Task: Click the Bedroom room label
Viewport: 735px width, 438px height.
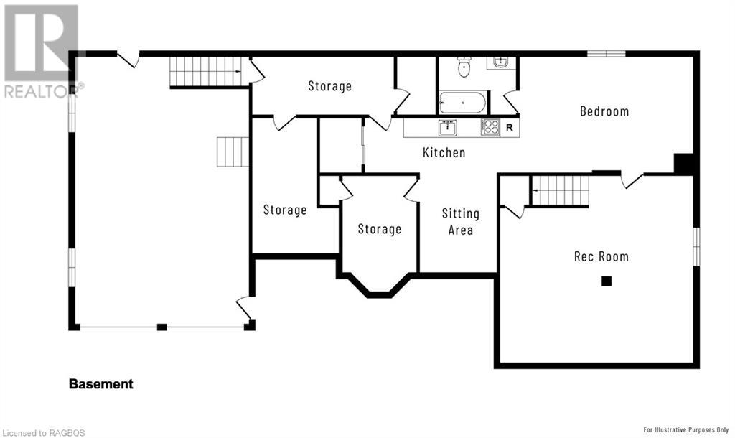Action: click(x=604, y=111)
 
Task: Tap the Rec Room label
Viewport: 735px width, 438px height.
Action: click(x=601, y=256)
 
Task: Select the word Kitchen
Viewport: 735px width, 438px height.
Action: click(x=444, y=152)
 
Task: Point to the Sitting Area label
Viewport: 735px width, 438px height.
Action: click(x=461, y=222)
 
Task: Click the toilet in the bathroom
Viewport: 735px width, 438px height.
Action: click(x=464, y=67)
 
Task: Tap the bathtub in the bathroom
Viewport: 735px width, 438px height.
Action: click(x=463, y=102)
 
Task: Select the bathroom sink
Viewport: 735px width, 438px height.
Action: click(x=500, y=62)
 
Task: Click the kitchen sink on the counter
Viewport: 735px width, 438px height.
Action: click(x=448, y=127)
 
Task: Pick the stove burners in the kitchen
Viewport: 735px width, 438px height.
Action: click(x=490, y=127)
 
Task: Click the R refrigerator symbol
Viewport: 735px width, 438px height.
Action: click(x=510, y=128)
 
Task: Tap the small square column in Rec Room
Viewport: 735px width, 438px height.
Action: click(x=607, y=281)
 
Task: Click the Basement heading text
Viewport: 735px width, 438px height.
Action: click(x=100, y=384)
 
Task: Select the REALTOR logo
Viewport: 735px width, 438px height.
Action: click(x=41, y=52)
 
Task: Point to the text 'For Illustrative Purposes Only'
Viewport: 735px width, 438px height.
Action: click(x=685, y=429)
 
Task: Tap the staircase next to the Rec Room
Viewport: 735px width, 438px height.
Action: click(x=560, y=190)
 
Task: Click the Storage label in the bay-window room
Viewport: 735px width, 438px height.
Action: click(x=380, y=229)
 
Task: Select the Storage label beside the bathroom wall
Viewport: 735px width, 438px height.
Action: click(x=330, y=86)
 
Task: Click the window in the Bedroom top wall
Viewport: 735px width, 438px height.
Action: click(x=606, y=53)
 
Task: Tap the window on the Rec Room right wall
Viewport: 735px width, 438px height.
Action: click(x=696, y=247)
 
